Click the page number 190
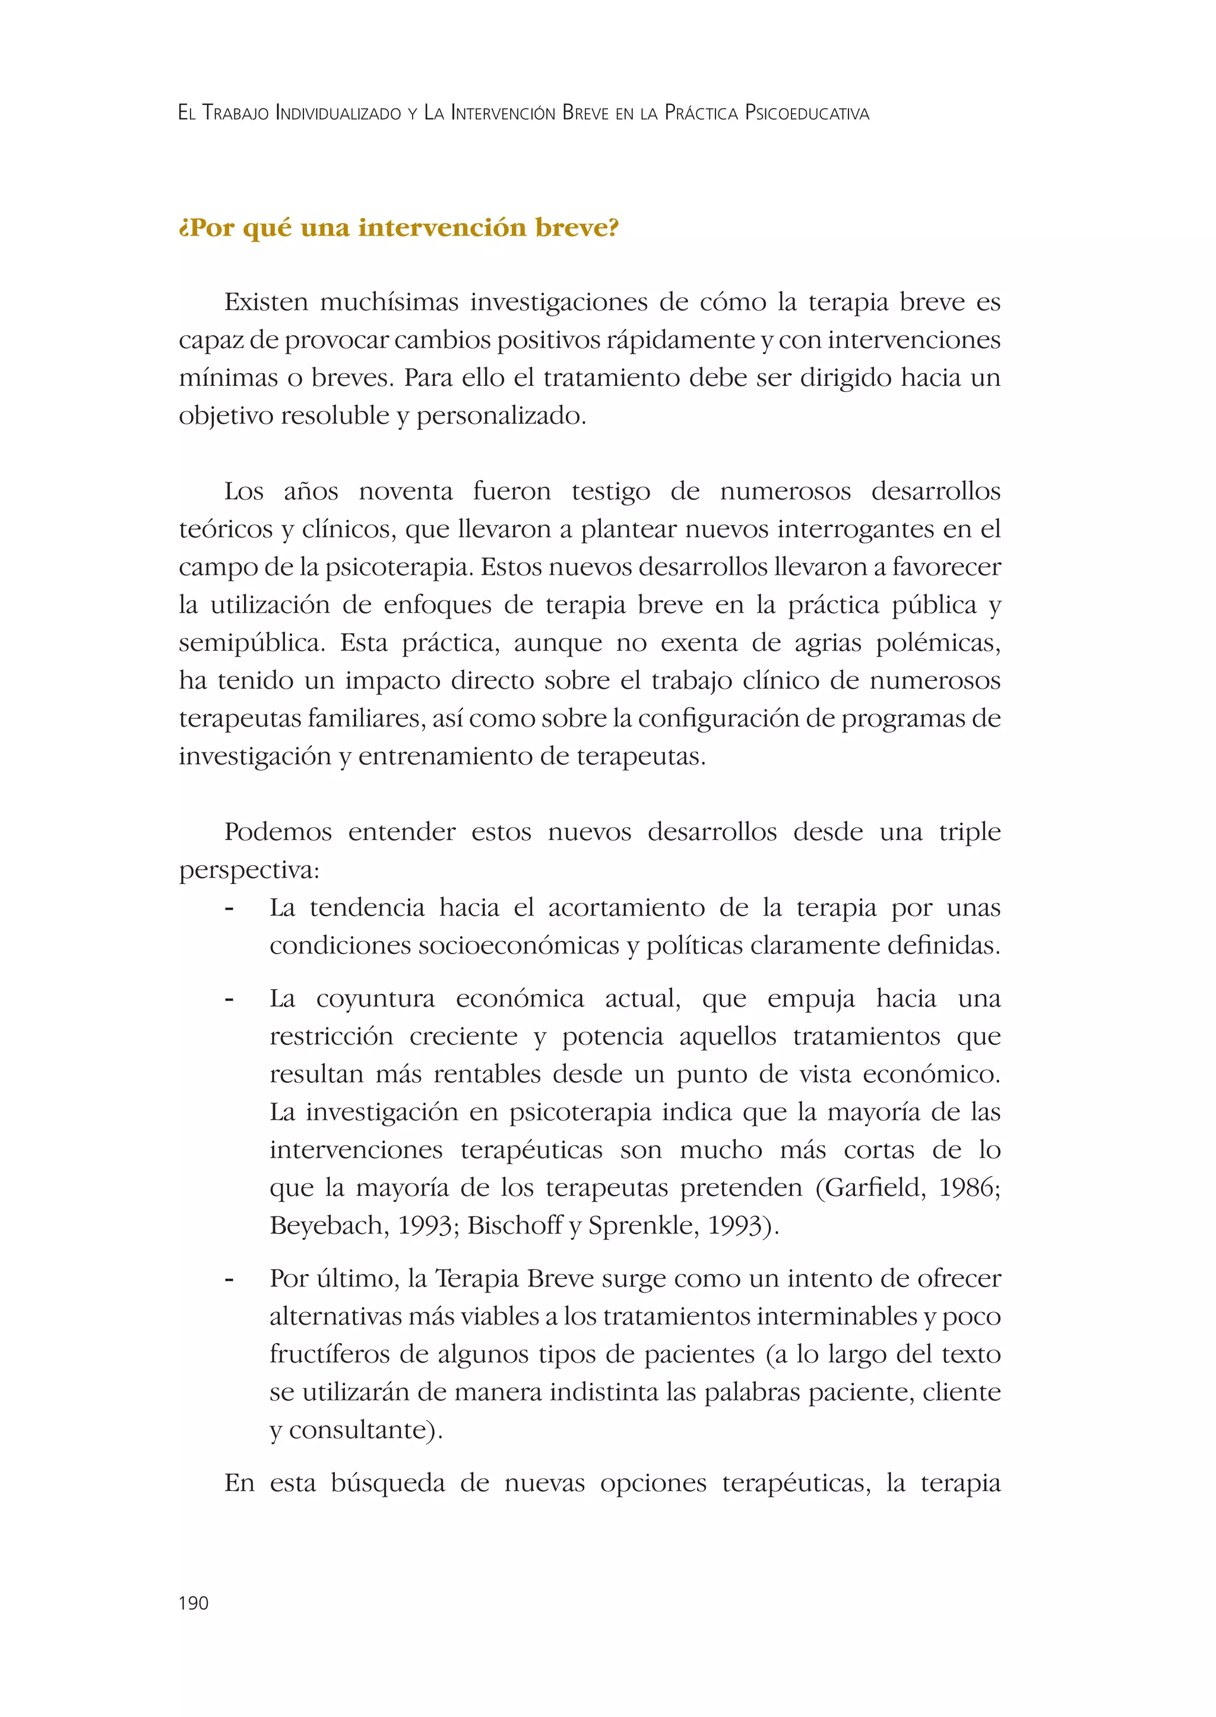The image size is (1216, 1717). tap(193, 1603)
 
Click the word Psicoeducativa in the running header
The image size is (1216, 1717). tap(807, 114)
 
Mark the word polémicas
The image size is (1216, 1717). tap(938, 643)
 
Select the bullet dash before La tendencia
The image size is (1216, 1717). tap(229, 908)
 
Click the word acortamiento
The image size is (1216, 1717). tap(626, 908)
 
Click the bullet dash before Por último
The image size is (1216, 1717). tap(229, 1279)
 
